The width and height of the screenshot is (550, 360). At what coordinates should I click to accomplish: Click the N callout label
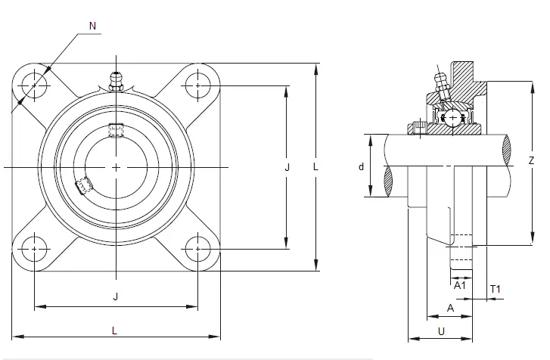pyautogui.click(x=92, y=26)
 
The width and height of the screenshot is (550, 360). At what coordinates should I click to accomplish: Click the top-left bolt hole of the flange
pyautogui.click(x=34, y=85)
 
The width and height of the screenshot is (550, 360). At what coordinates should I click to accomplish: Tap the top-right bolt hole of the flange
pyautogui.click(x=197, y=85)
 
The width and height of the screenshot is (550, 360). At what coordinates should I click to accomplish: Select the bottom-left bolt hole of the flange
pyautogui.click(x=34, y=249)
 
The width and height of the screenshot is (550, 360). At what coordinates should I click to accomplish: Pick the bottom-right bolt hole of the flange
pyautogui.click(x=197, y=249)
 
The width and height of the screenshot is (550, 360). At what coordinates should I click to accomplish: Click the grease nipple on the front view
pyautogui.click(x=116, y=82)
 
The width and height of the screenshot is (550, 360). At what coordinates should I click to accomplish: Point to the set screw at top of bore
pyautogui.click(x=116, y=130)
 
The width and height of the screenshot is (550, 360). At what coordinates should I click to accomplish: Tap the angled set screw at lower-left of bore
pyautogui.click(x=83, y=185)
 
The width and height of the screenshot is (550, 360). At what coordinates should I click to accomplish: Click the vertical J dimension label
pyautogui.click(x=287, y=168)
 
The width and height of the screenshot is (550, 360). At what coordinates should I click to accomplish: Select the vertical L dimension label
pyautogui.click(x=315, y=167)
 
